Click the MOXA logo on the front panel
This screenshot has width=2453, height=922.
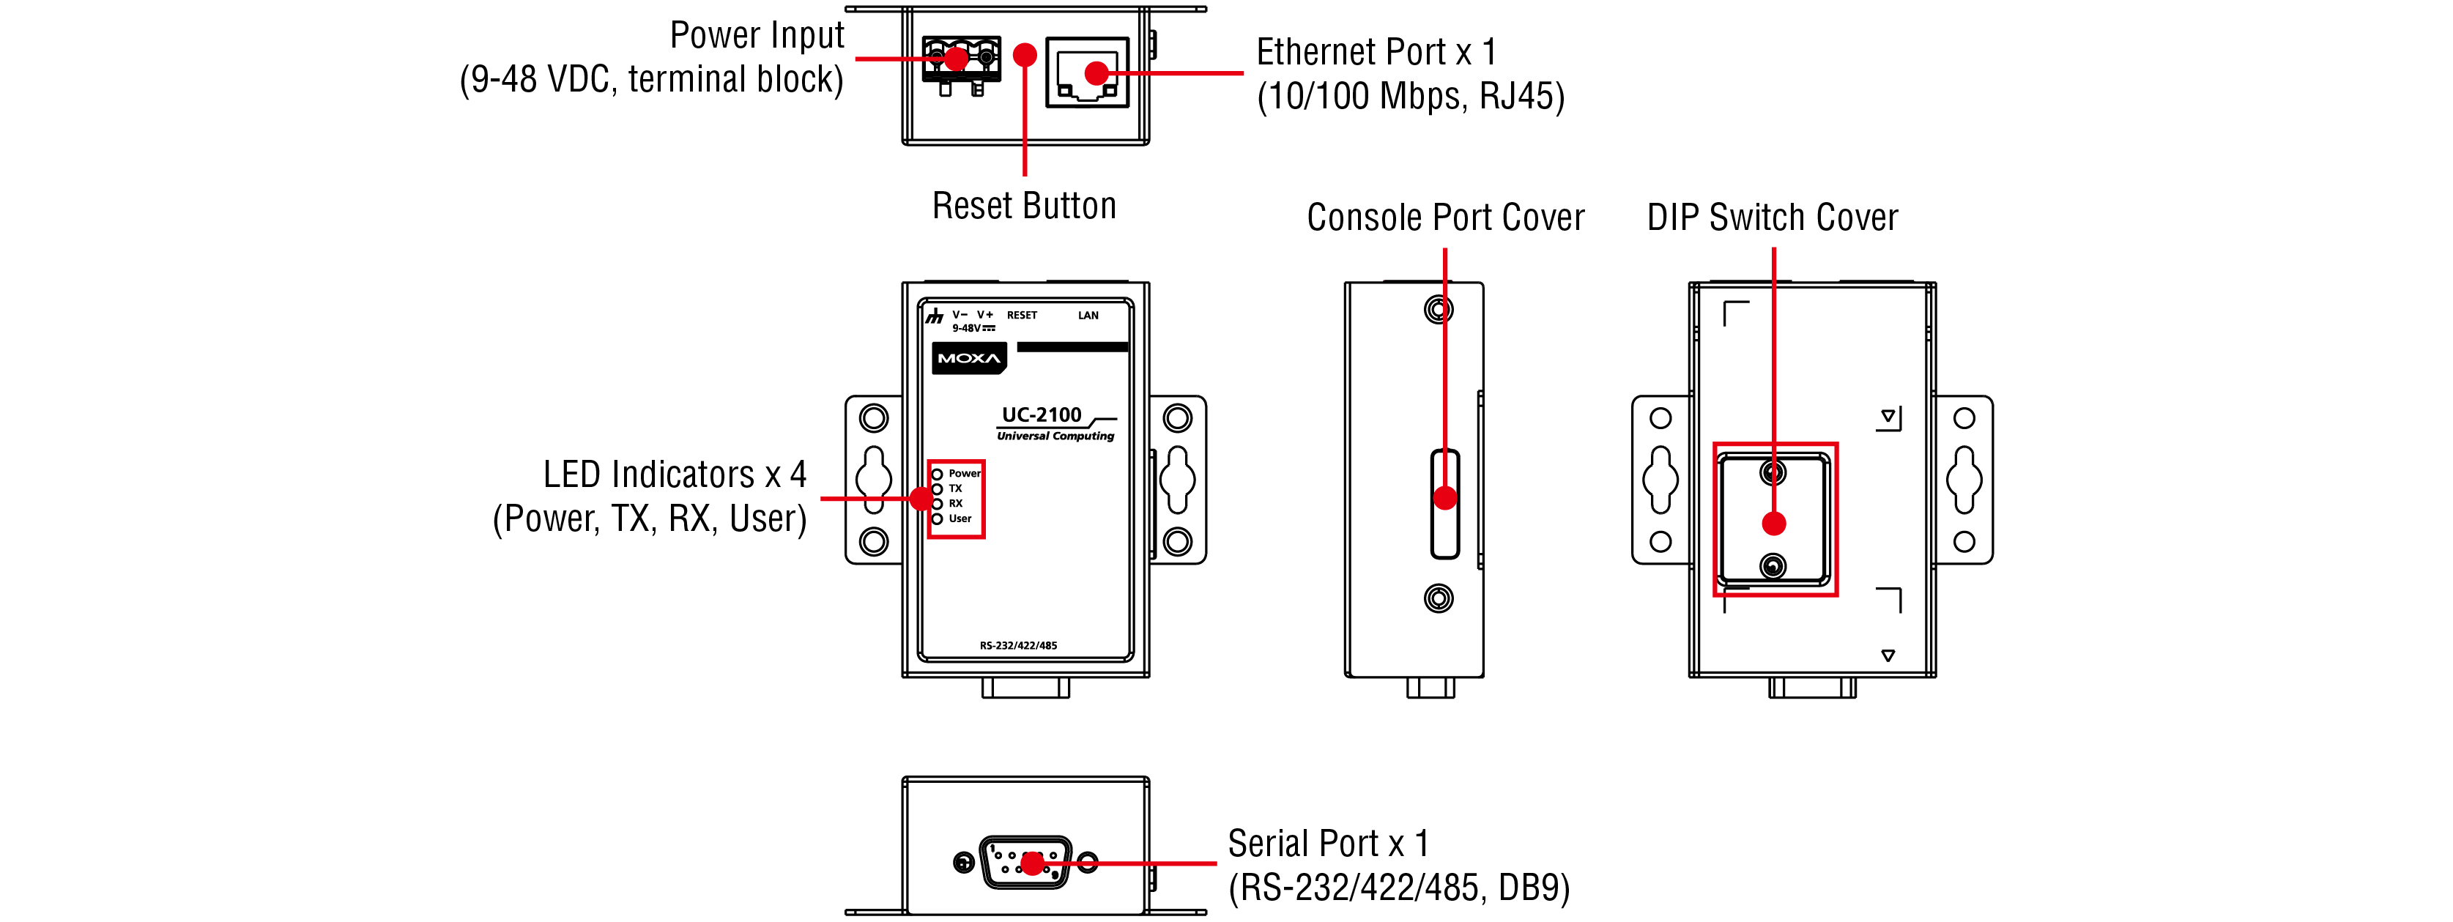pyautogui.click(x=968, y=358)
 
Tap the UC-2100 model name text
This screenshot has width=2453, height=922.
pyautogui.click(x=1041, y=415)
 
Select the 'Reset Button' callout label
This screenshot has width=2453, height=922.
pyautogui.click(x=1024, y=206)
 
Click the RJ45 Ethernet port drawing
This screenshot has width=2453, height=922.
pyautogui.click(x=1086, y=73)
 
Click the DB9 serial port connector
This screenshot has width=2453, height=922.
pyautogui.click(x=1025, y=863)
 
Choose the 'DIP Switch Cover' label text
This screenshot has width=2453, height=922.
pyautogui.click(x=1772, y=218)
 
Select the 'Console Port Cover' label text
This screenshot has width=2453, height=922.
pyautogui.click(x=1446, y=218)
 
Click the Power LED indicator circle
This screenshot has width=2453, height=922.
pyautogui.click(x=937, y=475)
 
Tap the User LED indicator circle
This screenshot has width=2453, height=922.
pyautogui.click(x=937, y=519)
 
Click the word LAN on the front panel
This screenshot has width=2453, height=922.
pyautogui.click(x=1088, y=316)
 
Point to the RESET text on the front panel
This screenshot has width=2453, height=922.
pyautogui.click(x=1022, y=316)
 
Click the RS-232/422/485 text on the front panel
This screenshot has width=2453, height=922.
pyautogui.click(x=1018, y=646)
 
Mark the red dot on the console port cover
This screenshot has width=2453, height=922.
pyautogui.click(x=1446, y=498)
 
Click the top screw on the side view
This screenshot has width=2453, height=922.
pyautogui.click(x=1439, y=310)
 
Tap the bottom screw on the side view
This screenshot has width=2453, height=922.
pyautogui.click(x=1439, y=598)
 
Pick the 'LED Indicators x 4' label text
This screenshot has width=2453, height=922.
pyautogui.click(x=674, y=475)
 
